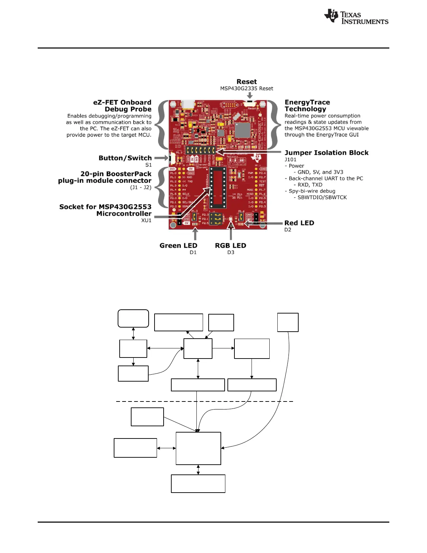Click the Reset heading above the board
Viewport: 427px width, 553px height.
(x=247, y=82)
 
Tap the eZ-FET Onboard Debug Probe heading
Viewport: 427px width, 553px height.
(x=122, y=106)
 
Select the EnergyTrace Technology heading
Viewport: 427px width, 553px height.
(x=307, y=105)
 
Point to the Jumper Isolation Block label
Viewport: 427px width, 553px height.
(x=327, y=153)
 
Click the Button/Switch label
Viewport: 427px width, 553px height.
(x=125, y=158)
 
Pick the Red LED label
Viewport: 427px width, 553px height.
(x=299, y=223)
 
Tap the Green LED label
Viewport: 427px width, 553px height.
(x=178, y=245)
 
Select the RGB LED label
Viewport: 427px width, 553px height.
(x=230, y=245)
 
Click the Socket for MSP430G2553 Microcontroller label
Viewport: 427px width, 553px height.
(x=105, y=210)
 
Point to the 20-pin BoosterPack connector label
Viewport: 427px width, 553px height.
(x=105, y=177)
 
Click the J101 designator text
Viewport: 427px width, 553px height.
(x=290, y=160)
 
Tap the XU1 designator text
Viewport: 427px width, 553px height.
(x=146, y=220)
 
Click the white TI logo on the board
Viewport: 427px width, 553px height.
(x=258, y=157)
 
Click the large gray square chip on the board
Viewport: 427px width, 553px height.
(x=242, y=130)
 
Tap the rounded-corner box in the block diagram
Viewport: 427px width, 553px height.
(x=133, y=318)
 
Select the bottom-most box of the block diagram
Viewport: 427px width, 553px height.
(x=198, y=484)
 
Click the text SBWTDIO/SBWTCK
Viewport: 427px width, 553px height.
(x=322, y=197)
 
